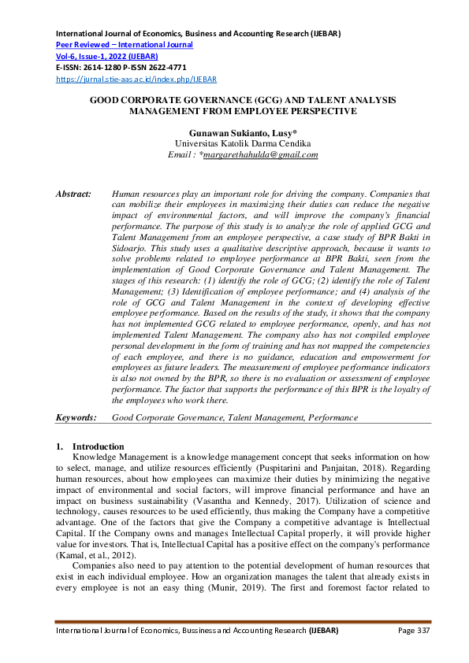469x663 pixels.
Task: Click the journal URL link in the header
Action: coord(135,79)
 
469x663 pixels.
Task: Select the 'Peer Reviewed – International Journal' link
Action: coord(124,45)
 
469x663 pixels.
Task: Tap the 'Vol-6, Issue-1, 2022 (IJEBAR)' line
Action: coord(106,57)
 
